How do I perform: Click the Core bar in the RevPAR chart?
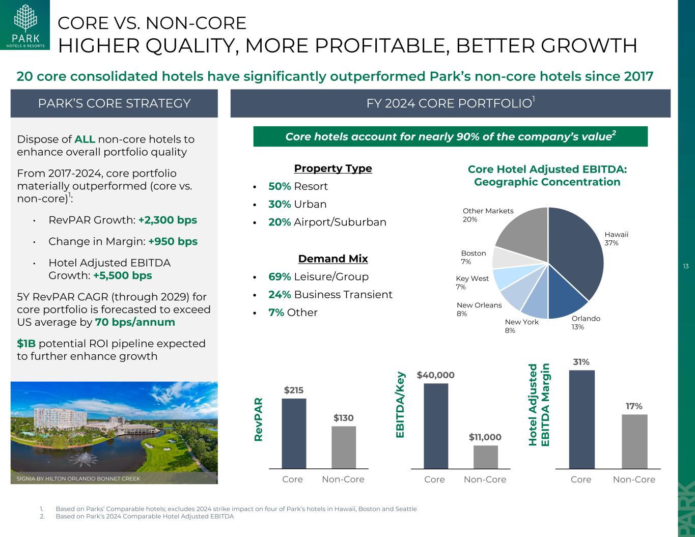click(294, 433)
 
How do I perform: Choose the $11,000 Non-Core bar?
click(485, 457)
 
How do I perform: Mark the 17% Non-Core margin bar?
click(634, 441)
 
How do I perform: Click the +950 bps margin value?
click(173, 241)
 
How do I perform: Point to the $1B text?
click(26, 344)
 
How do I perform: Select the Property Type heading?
click(333, 168)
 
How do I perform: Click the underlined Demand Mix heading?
click(333, 259)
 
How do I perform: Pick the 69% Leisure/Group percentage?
click(280, 276)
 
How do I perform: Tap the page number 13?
click(685, 267)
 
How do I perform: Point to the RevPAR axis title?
click(258, 419)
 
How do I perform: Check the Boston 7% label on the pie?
click(473, 257)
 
